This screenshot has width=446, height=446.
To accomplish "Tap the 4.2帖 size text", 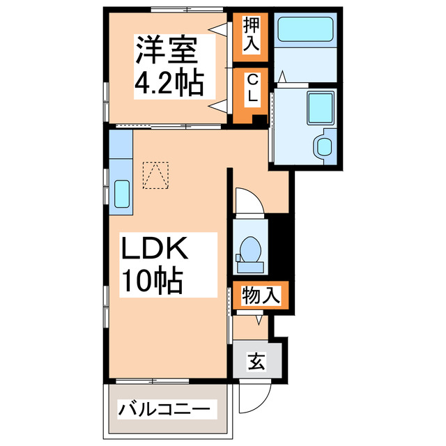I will pos(169,84).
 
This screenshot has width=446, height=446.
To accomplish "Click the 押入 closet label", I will pos(251,36).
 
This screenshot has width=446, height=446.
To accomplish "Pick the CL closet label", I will pos(251,89).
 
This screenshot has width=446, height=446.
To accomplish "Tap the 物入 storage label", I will pos(261,295).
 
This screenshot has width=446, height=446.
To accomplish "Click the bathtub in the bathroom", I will pos(307,31).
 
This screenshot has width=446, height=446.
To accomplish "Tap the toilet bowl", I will pos(249,250).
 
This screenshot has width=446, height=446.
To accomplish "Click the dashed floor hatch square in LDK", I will pos(155,174).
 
